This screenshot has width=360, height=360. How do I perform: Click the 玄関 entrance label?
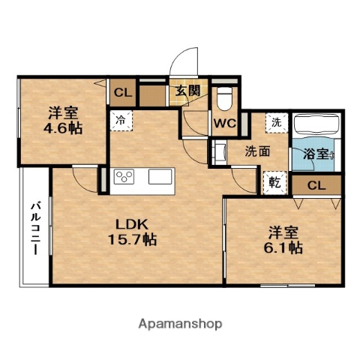187,91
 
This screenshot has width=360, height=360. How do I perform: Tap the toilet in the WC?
223,98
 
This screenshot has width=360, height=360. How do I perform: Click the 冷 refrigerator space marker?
121,118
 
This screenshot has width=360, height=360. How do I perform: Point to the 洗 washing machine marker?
276,122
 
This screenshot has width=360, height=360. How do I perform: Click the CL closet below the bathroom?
316,184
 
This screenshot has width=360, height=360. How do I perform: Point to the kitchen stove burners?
123,177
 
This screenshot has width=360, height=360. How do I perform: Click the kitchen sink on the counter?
161,177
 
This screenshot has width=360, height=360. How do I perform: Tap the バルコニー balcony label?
35,229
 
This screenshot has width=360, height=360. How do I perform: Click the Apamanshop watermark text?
180,324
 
